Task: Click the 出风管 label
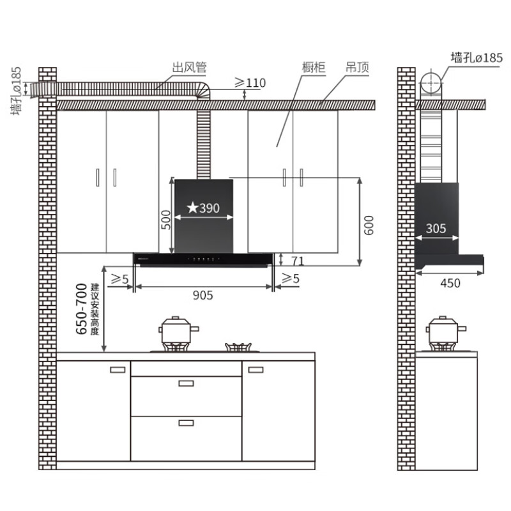coord(189,67)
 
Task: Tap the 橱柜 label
coord(314,67)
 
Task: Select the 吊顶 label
coord(357,67)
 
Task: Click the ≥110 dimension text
coord(250,83)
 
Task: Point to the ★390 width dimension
coord(203,208)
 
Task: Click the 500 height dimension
coord(166,220)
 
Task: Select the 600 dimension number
coord(369,225)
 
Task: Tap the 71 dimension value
coord(298,261)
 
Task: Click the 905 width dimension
coord(202,295)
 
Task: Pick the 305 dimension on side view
coord(436,229)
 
